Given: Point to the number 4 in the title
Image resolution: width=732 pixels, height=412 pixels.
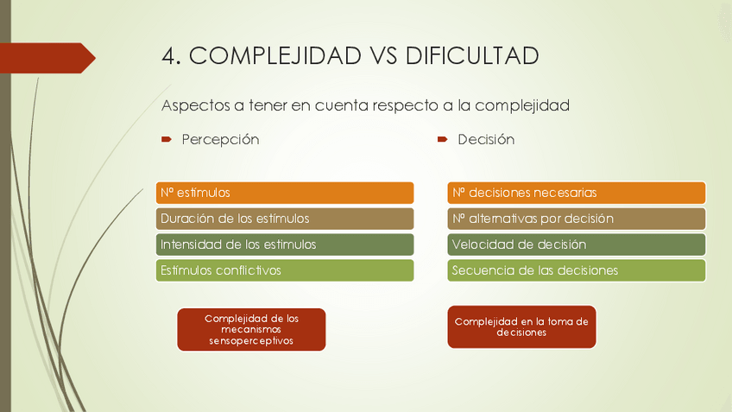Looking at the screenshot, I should point(170,56).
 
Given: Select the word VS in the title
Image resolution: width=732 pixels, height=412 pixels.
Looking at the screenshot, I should point(386,56).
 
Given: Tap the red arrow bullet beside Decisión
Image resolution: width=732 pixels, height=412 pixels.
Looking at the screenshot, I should point(442,139).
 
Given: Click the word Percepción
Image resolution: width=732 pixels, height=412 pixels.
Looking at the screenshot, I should point(220,139).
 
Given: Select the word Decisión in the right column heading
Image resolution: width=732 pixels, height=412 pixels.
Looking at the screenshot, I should point(486,139).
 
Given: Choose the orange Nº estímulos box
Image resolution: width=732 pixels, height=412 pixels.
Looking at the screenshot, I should point(285,193).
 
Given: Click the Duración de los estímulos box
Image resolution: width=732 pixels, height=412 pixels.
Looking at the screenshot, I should point(285,219).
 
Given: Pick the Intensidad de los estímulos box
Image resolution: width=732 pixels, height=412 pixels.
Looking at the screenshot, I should point(285,244).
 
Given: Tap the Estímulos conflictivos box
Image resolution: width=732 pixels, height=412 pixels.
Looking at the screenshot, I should point(285,270).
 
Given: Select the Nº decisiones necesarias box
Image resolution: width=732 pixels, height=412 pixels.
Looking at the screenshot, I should point(577,193).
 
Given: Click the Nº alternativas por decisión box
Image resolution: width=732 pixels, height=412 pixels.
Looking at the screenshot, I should point(577,219).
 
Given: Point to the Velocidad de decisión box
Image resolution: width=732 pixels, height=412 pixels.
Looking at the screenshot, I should point(577,244).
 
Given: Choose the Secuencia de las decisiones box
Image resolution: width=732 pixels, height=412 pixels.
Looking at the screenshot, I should point(577,270).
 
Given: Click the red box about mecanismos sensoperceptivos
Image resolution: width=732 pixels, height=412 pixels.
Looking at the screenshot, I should point(251,330).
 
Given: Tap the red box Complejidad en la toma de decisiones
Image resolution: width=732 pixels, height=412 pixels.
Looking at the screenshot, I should point(521,326).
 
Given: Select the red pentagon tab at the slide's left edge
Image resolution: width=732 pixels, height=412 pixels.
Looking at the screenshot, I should point(47,58).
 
